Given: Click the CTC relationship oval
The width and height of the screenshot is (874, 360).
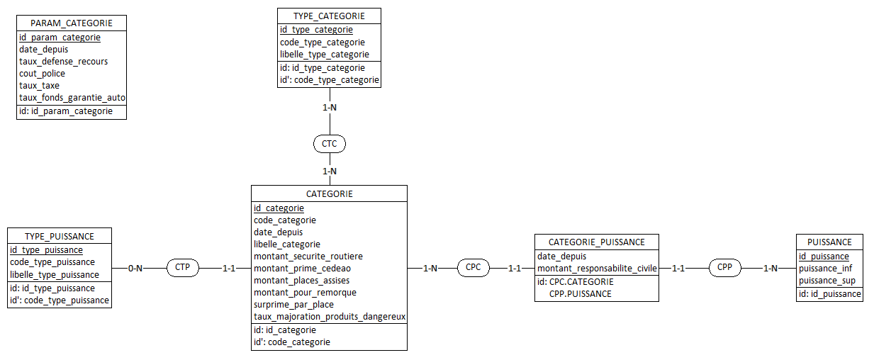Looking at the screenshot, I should coord(330,144).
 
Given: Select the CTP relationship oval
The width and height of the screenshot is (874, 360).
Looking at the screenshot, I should coord(182,269).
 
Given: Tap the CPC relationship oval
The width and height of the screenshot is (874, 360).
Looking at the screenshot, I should coord(474,269).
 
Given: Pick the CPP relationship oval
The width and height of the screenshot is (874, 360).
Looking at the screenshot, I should coord(725,269).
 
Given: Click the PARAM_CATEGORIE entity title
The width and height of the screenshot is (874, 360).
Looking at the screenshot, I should coord(71,23).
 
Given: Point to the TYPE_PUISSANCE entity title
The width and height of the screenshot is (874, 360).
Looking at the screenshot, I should coord(60,236).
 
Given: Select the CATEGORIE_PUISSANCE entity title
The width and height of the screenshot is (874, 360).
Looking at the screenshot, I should coord(597,242).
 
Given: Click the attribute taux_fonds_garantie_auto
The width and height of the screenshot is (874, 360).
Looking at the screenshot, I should coord(72,98).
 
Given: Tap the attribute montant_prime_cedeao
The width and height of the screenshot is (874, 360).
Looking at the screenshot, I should coord(302,269).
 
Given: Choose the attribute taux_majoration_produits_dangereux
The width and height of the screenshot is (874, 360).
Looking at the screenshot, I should coord(330,317).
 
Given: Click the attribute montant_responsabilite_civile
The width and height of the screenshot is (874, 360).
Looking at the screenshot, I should coord(597,269).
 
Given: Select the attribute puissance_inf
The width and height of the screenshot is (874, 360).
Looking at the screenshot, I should coord(825,269).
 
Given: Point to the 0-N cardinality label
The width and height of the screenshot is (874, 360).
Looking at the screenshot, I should coord(136,269).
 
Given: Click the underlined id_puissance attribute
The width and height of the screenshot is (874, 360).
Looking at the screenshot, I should coord(824,256).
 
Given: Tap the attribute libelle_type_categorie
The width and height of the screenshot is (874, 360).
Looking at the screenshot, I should coord(325,55).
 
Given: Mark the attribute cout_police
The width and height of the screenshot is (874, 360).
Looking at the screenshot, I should coord(42,74).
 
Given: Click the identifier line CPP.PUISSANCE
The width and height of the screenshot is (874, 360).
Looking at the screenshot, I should coord(580,294).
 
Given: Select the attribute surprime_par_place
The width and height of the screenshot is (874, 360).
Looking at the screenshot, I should coord(293,305).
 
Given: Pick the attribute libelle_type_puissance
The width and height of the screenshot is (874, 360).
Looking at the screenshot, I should coord(55,275).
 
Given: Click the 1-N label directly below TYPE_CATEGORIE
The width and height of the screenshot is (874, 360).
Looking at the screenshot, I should coord(330,107).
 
